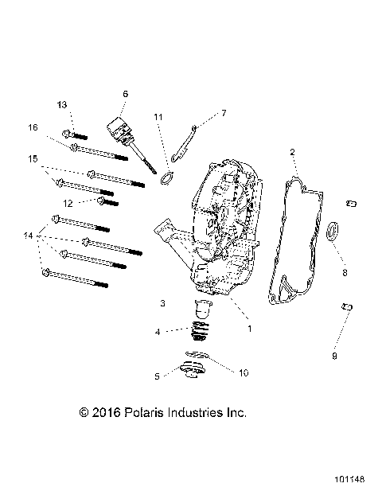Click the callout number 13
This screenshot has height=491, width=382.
tap(63, 105)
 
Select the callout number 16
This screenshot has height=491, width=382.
tap(33, 127)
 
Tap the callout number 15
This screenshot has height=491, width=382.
tap(33, 159)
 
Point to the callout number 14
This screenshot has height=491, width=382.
tap(29, 236)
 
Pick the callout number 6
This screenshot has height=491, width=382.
tap(125, 94)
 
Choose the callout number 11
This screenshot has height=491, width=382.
tap(224, 112)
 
